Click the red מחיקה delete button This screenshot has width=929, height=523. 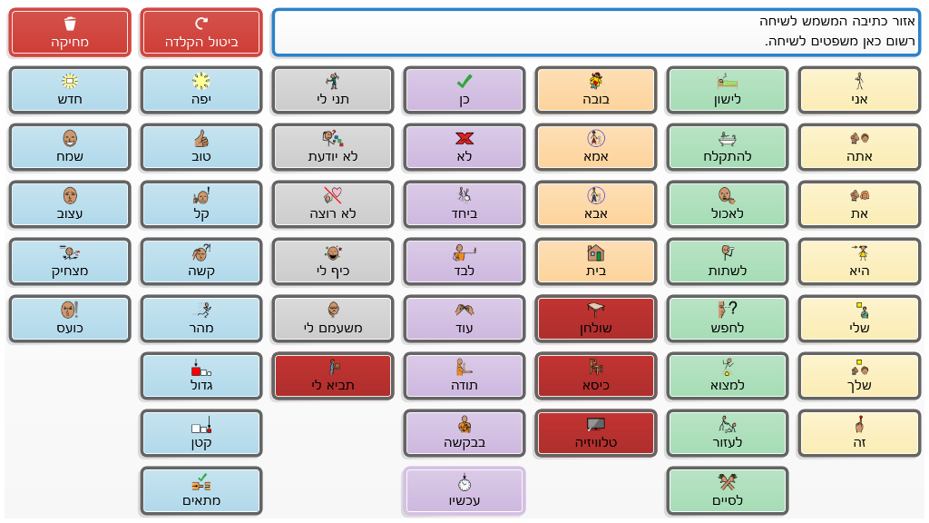(70, 33)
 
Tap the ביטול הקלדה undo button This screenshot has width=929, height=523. (201, 33)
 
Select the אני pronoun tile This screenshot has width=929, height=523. (857, 90)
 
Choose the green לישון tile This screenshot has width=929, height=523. (727, 90)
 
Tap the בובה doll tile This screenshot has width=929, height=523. (595, 90)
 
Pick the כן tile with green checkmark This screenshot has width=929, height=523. (464, 90)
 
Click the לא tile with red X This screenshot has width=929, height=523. (464, 147)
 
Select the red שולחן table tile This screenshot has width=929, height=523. (595, 319)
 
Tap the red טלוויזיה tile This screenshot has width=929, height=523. (595, 433)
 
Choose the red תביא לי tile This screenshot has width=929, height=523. (333, 376)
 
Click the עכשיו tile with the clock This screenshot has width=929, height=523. (464, 490)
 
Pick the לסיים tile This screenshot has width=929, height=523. (727, 490)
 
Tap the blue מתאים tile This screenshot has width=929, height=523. (201, 490)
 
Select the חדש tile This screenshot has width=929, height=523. (70, 90)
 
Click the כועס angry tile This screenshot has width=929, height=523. (70, 319)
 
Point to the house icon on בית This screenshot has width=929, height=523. (595, 252)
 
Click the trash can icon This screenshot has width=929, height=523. (70, 24)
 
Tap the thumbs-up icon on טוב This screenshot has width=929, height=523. (201, 138)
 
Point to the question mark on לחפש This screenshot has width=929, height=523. (733, 307)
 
